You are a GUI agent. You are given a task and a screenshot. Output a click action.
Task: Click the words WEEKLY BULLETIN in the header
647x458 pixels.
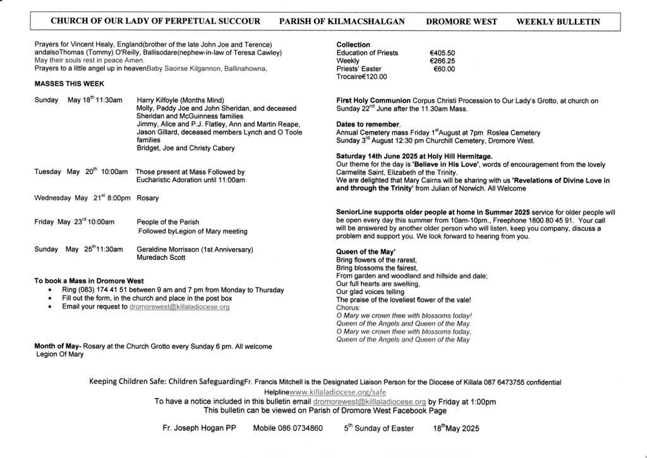pos(558,21)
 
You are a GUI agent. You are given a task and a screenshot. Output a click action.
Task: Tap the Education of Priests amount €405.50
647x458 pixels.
pos(442,53)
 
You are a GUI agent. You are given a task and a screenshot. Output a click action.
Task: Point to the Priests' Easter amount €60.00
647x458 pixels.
pos(444,69)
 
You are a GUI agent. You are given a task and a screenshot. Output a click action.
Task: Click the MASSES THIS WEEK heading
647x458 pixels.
pos(69,84)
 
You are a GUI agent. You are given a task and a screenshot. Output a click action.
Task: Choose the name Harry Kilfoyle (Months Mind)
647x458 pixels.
pos(180,101)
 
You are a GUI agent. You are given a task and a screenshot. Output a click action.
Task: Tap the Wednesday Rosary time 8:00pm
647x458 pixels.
pos(118,198)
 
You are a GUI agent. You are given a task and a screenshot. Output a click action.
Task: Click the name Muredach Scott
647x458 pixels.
pos(161,257)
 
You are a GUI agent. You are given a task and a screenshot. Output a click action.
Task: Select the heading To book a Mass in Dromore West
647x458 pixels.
pos(89,281)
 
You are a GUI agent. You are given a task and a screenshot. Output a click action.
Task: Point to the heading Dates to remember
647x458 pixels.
pos(368,125)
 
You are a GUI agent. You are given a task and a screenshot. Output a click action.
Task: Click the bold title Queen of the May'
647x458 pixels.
pos(366,252)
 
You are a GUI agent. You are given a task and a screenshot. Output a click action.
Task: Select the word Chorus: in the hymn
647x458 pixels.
pos(349,307)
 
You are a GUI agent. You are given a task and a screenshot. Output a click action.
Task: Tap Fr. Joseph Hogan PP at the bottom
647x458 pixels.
pos(198,428)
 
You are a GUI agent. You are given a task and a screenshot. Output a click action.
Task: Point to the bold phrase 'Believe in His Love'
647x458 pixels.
pos(450,164)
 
